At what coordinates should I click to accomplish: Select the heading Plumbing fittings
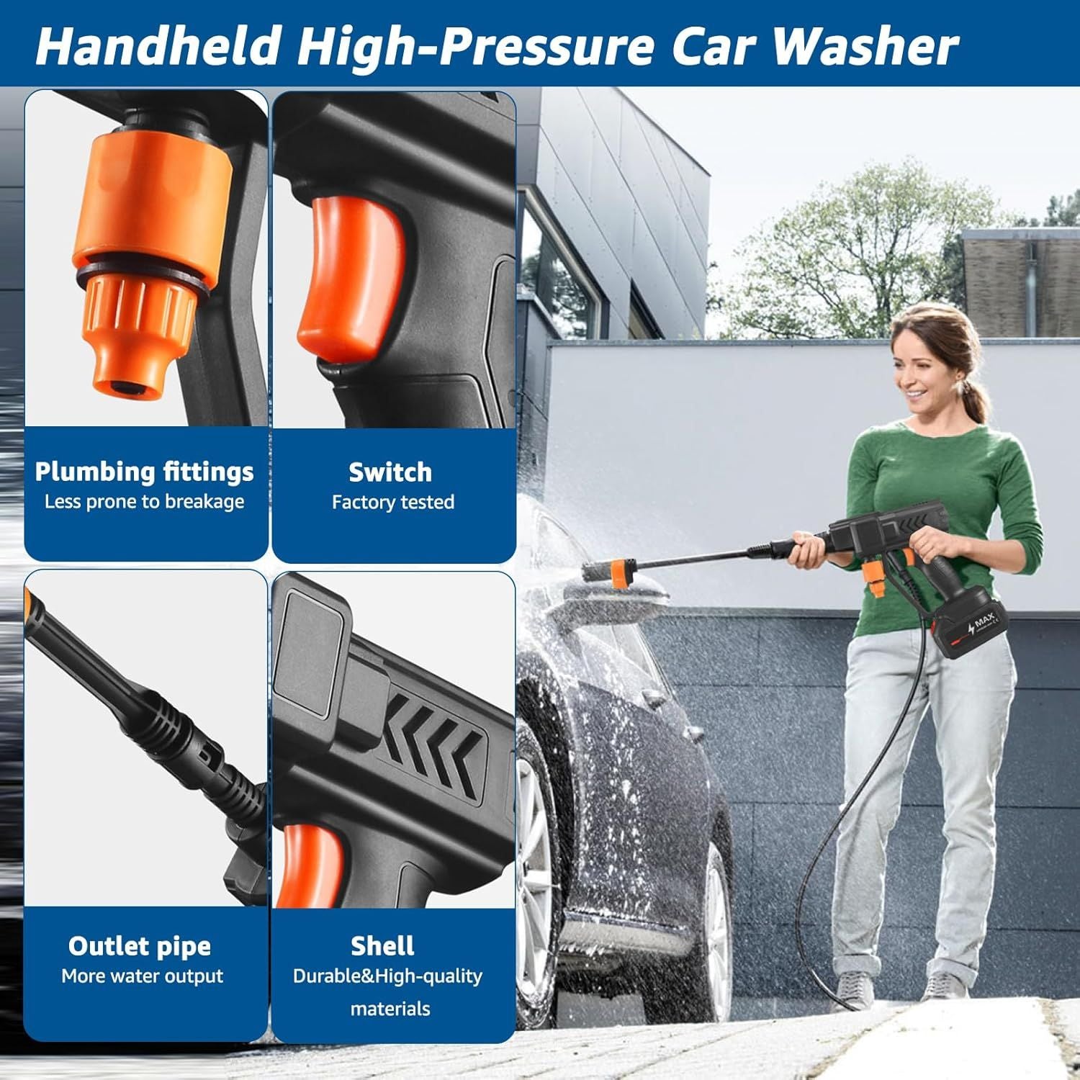click(x=144, y=472)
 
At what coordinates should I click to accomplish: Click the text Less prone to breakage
click(x=144, y=502)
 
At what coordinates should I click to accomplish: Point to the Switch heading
click(x=390, y=472)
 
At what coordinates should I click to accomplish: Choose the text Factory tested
click(x=392, y=502)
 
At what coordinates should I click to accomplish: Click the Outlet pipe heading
click(x=140, y=946)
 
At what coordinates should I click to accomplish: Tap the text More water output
click(x=142, y=976)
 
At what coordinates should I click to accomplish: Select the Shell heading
click(x=382, y=946)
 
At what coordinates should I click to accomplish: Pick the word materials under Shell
click(x=390, y=1008)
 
